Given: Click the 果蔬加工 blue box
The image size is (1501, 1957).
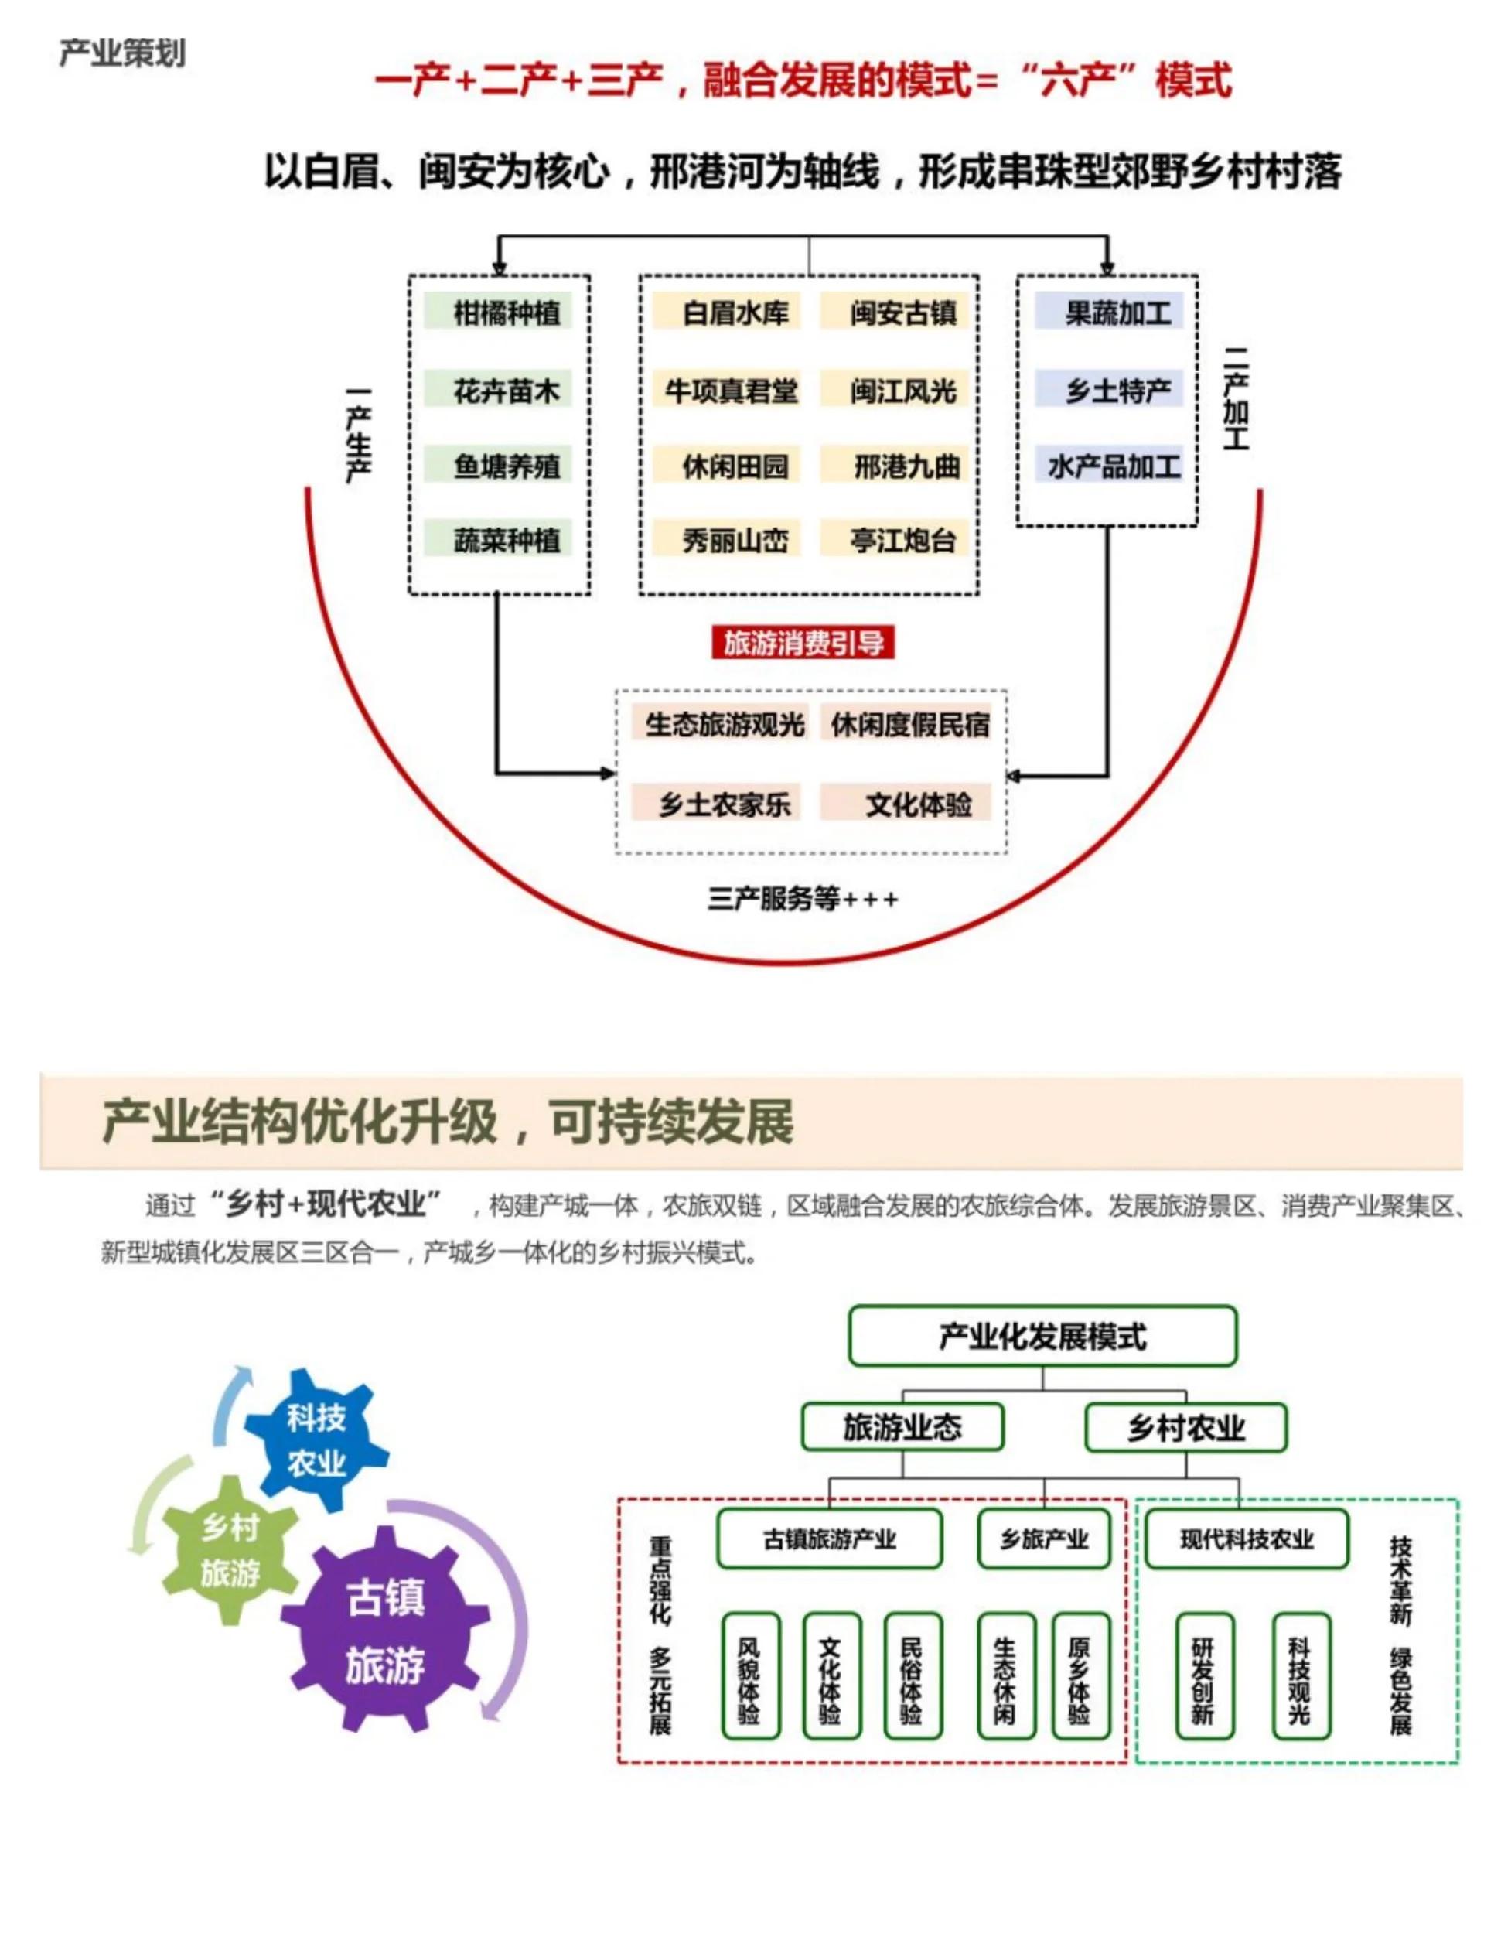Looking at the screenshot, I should pyautogui.click(x=1110, y=313).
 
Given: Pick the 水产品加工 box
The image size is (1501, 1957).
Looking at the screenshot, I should pyautogui.click(x=1110, y=466).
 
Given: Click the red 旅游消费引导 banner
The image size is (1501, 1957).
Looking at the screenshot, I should pyautogui.click(x=803, y=643).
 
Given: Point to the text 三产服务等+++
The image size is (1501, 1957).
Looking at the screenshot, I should pyautogui.click(x=803, y=899).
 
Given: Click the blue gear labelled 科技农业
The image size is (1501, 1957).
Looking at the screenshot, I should pyautogui.click(x=316, y=1440).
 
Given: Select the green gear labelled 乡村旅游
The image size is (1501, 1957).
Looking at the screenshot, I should pyautogui.click(x=230, y=1552).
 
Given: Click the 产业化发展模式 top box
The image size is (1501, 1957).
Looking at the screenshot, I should pyautogui.click(x=1042, y=1337).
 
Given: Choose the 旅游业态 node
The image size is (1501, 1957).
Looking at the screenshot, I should pyautogui.click(x=902, y=1428).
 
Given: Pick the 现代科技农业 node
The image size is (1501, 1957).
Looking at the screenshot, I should pyautogui.click(x=1247, y=1539).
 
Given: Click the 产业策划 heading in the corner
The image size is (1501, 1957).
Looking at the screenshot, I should pyautogui.click(x=122, y=53).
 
